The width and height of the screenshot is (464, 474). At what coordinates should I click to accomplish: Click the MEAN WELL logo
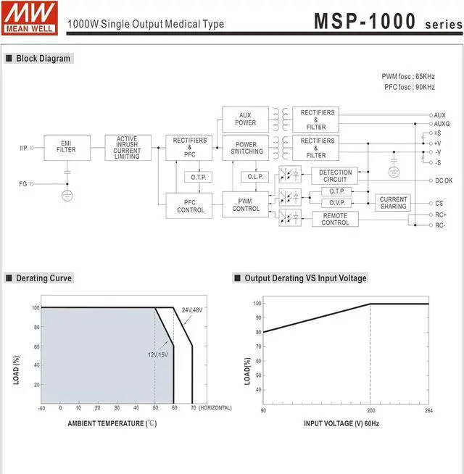click(x=29, y=18)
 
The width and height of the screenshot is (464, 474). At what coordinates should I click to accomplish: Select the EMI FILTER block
click(x=67, y=148)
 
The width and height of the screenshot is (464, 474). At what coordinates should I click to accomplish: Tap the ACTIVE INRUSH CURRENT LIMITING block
click(x=128, y=148)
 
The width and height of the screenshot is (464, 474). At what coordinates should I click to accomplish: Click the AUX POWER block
click(x=245, y=120)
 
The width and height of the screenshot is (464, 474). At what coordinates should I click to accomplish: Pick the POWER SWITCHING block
click(x=245, y=148)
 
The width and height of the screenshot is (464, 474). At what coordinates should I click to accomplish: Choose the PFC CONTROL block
click(x=189, y=206)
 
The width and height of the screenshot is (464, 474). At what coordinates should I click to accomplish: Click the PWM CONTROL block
click(x=245, y=204)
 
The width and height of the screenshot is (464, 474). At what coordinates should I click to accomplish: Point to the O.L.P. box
click(x=254, y=177)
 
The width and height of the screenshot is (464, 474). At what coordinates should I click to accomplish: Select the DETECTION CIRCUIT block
click(x=334, y=175)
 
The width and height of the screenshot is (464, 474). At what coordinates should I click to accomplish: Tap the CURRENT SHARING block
click(x=393, y=202)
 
